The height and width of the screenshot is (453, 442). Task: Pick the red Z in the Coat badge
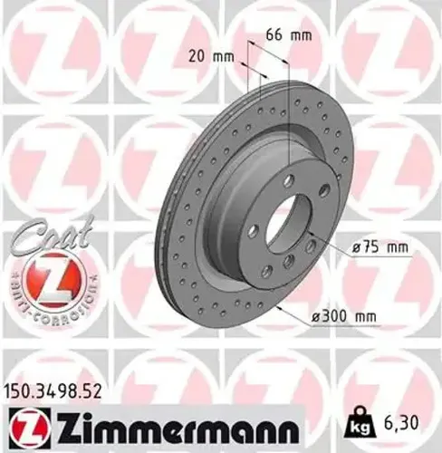coord(52,280)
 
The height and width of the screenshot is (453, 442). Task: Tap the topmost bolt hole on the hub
coord(288,182)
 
